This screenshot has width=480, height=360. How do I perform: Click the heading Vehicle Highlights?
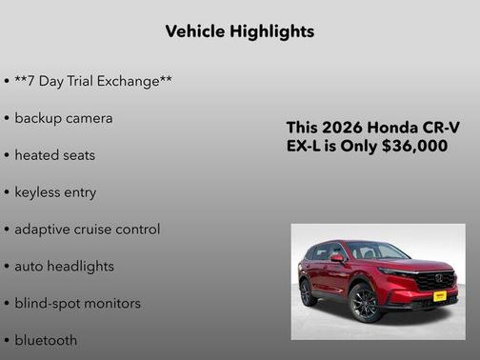click(x=239, y=31)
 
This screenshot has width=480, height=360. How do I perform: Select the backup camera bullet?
click(x=63, y=118)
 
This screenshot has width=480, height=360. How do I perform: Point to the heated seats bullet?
click(x=54, y=155)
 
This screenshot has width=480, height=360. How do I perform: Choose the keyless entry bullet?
click(x=55, y=192)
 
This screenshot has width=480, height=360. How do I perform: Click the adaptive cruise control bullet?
click(x=87, y=230)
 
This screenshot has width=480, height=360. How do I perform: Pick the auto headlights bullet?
click(x=64, y=267)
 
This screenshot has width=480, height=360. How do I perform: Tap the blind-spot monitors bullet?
click(x=77, y=304)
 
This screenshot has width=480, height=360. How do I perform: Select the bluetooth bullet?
click(x=46, y=340)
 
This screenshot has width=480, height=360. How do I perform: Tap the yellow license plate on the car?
click(x=440, y=296)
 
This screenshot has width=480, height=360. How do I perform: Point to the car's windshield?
click(x=377, y=252)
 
